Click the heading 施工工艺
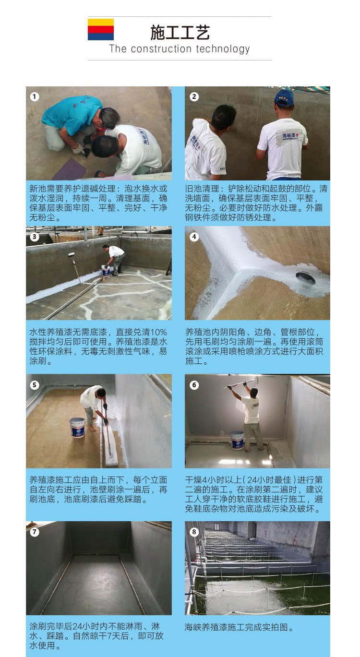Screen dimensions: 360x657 click(180, 32)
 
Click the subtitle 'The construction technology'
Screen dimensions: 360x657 click(180, 48)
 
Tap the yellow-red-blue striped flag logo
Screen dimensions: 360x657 click(101, 29)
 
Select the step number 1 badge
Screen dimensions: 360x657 click(35, 96)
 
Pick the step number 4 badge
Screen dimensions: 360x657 click(194, 237)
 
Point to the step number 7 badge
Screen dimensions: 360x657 click(35, 532)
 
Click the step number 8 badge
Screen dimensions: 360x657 click(194, 532)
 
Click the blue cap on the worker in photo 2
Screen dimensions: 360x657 click(284, 98)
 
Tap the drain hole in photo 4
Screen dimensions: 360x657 click(305, 278)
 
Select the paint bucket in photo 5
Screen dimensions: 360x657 click(77, 427)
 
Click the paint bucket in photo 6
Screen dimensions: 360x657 click(237, 440)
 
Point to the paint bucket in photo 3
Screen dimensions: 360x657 click(106, 271)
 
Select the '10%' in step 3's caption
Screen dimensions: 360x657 click(159, 332)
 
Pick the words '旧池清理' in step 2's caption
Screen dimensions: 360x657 click(202, 188)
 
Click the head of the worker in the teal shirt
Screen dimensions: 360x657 click(109, 118)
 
